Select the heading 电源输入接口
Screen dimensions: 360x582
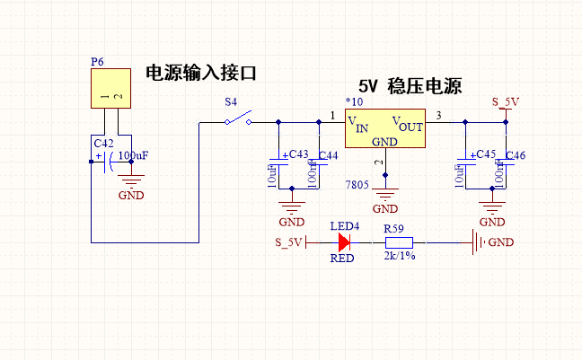[x=207, y=74]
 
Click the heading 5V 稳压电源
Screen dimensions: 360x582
[x=410, y=87]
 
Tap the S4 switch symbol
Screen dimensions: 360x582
[x=238, y=120]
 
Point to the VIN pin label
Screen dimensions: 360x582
[x=357, y=125]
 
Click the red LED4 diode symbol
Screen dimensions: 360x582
[x=344, y=241]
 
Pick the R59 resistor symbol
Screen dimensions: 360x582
[x=398, y=241]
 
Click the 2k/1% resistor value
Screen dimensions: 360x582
[x=400, y=257]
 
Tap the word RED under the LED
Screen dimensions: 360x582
[x=342, y=258]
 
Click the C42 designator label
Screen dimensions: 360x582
[x=103, y=143]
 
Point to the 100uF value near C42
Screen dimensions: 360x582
[x=133, y=155]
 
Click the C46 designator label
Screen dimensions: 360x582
[x=516, y=156]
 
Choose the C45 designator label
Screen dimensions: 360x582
[x=485, y=154]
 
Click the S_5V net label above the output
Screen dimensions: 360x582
[x=506, y=101]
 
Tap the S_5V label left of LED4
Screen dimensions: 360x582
[x=289, y=242]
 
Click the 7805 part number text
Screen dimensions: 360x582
[x=357, y=184]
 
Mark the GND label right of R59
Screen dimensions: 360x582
[x=501, y=242]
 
